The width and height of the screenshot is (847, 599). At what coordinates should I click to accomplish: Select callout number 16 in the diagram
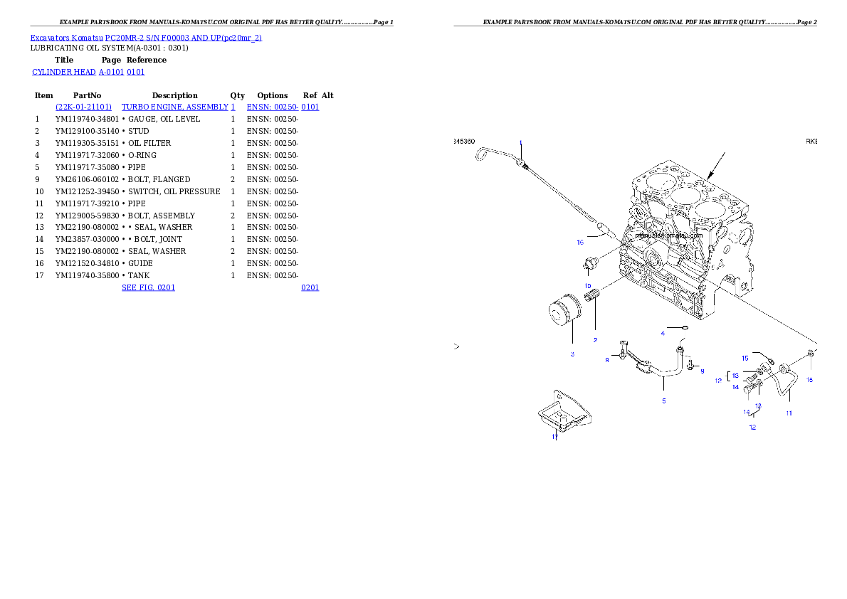[x=580, y=243]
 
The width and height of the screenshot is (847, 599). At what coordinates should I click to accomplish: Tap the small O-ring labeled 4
[x=684, y=327]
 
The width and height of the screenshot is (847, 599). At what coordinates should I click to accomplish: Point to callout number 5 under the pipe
[x=663, y=401]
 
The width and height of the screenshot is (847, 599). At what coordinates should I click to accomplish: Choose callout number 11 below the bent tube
[x=789, y=413]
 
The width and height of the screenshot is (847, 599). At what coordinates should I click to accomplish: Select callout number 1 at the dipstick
[x=520, y=143]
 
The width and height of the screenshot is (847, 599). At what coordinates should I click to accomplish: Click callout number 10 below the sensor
[x=588, y=286]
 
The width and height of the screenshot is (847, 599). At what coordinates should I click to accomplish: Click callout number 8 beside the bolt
[x=607, y=361]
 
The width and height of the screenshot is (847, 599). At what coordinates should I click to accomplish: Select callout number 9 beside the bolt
[x=702, y=371]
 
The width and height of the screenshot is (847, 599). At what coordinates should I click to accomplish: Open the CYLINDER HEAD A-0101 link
[x=89, y=73]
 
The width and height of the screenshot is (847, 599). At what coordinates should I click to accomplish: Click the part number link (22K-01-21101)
[x=84, y=107]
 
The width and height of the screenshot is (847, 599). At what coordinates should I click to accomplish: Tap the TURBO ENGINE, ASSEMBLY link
[x=178, y=107]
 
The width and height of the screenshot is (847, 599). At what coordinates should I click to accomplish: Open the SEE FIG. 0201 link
[x=148, y=287]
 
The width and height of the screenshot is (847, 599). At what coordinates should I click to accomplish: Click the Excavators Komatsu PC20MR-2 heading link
[x=146, y=38]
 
